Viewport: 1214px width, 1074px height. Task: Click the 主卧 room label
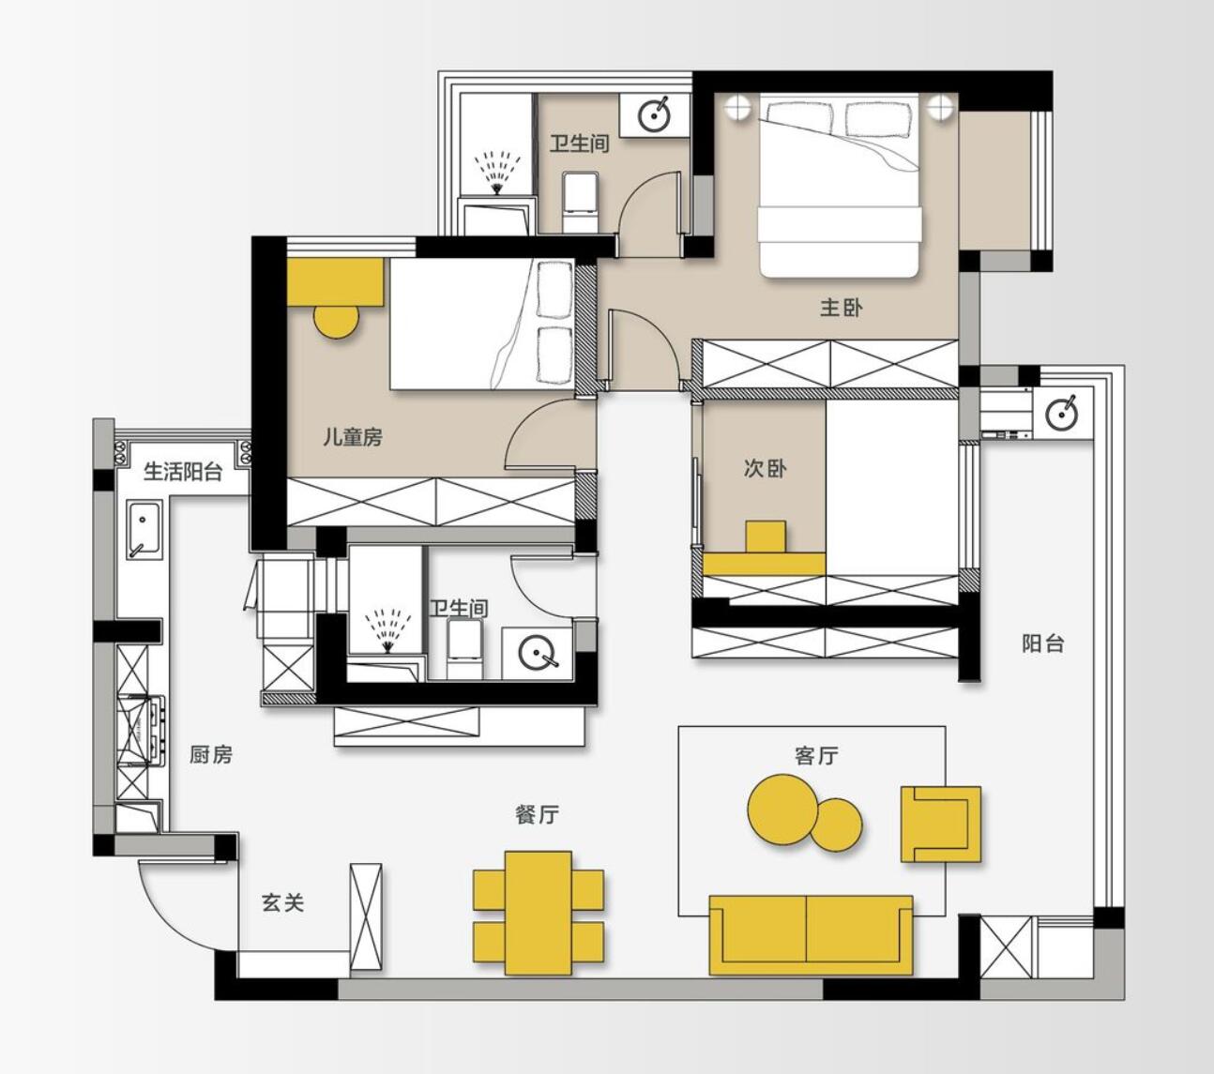tap(842, 308)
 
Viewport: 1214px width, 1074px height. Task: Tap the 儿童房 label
tap(353, 437)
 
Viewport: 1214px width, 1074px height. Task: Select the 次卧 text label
tap(766, 468)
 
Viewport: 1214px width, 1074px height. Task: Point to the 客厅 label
tap(816, 756)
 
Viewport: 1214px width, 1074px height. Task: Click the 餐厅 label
tap(537, 814)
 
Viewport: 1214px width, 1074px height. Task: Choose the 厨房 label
tap(211, 755)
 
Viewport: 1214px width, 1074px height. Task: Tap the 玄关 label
tap(282, 902)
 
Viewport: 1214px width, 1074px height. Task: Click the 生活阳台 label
tap(182, 472)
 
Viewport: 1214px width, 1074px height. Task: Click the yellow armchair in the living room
tap(941, 824)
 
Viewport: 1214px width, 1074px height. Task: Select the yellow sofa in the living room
tap(812, 935)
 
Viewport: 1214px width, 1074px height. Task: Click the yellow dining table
tap(539, 913)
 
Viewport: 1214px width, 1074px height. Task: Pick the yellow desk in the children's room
tap(336, 282)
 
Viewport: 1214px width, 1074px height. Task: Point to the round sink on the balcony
tap(1062, 414)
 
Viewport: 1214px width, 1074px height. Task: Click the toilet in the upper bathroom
tap(581, 202)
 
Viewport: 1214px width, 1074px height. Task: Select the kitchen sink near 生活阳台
tap(144, 530)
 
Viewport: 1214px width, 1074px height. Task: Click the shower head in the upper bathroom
tap(496, 174)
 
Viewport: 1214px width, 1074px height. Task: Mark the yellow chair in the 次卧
tap(766, 537)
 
